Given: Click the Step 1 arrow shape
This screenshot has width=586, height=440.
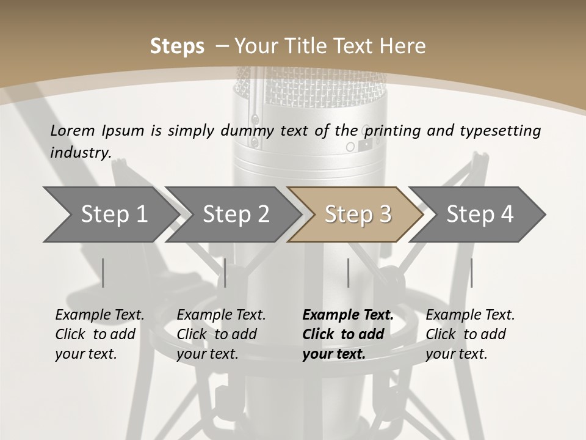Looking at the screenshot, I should [x=110, y=215].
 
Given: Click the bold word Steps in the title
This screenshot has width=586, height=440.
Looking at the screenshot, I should [x=177, y=46].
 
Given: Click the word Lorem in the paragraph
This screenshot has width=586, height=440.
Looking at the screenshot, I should [x=73, y=130].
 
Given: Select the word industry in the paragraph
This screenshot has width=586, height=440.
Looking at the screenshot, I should [x=80, y=153].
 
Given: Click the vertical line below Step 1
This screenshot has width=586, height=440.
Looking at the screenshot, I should [x=103, y=273].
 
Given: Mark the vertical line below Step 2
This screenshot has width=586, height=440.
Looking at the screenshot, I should [x=225, y=273].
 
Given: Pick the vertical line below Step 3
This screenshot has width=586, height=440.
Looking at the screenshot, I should [x=348, y=273].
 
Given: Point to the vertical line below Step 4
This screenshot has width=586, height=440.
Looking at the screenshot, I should [x=471, y=273].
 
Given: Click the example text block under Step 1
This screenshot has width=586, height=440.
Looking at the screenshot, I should [x=99, y=334].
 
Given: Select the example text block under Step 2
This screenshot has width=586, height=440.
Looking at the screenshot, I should [x=221, y=334].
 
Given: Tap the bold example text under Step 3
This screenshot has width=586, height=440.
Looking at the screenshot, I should [x=348, y=334].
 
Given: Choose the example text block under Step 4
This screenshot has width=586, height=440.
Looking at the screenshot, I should [x=470, y=334].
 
